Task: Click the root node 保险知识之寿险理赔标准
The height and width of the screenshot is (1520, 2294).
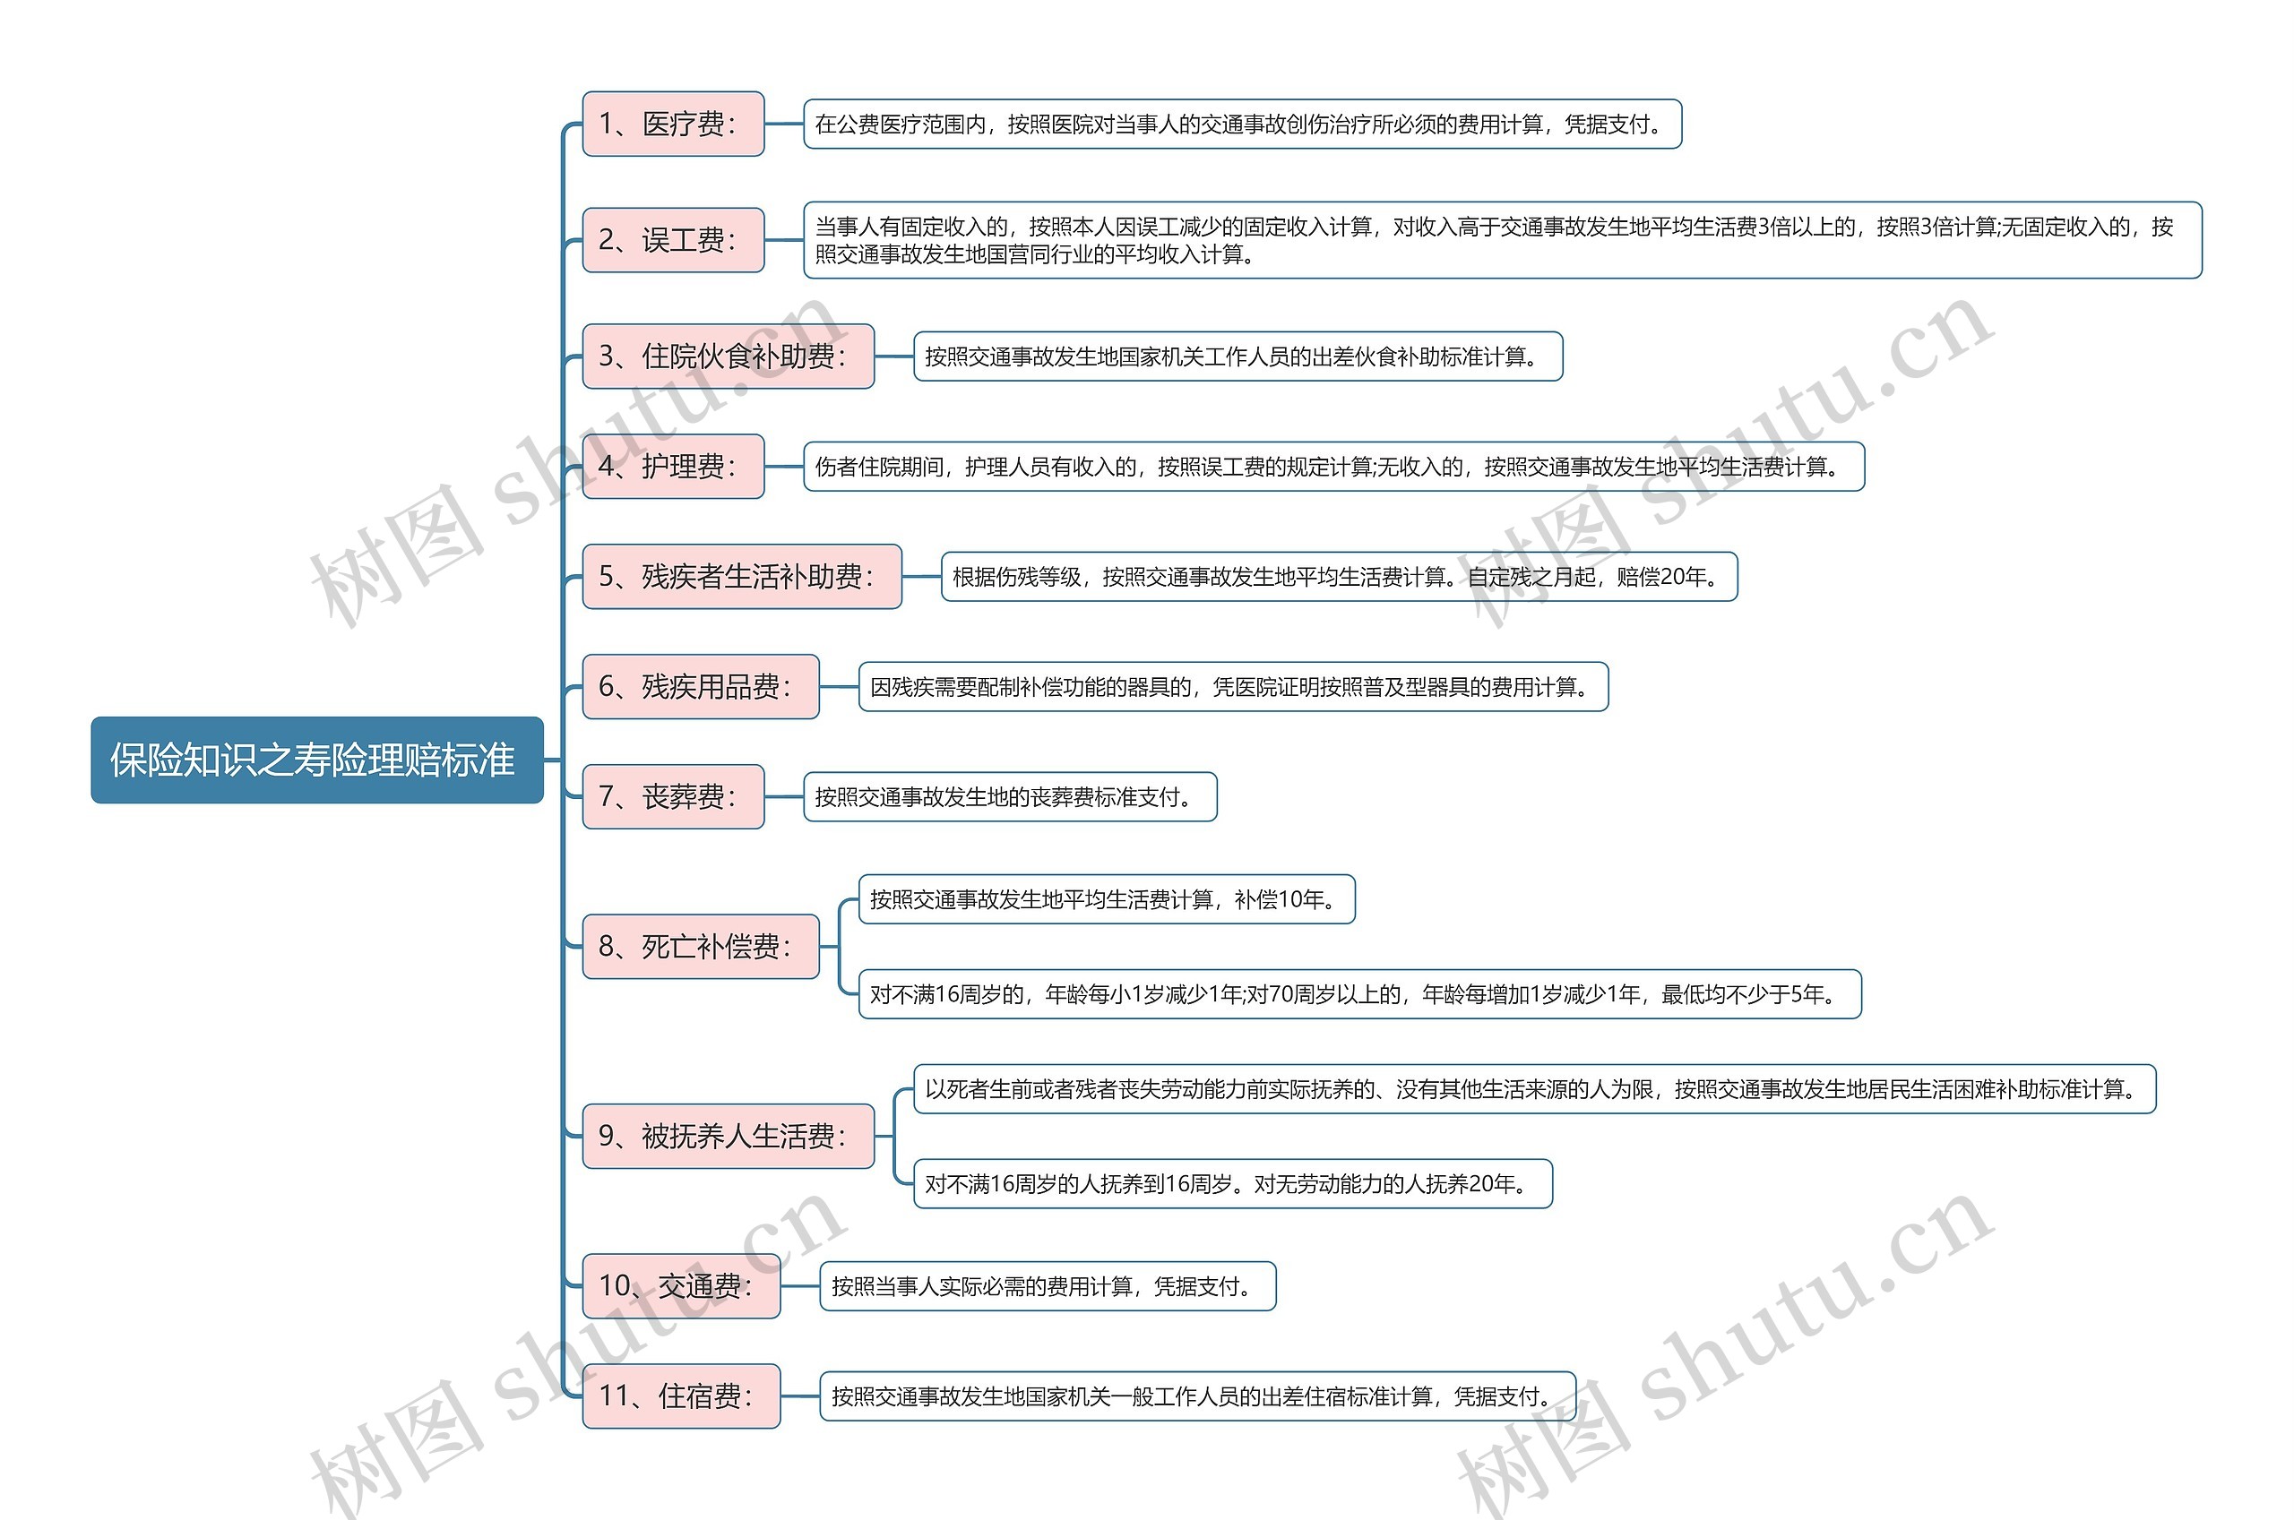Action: [316, 760]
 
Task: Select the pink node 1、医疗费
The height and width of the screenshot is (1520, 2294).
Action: [672, 125]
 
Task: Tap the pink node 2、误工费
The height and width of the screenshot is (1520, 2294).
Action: [672, 239]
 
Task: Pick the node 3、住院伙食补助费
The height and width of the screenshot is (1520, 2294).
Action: [727, 356]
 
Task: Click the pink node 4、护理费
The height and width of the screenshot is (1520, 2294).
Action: [672, 467]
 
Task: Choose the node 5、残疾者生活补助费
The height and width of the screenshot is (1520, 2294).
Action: [741, 577]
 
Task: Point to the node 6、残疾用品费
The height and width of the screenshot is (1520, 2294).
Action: [700, 686]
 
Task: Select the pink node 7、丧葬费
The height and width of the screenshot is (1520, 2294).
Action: [672, 797]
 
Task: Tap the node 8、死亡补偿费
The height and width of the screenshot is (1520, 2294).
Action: [700, 946]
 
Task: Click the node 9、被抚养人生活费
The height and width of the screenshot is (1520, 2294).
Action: [727, 1136]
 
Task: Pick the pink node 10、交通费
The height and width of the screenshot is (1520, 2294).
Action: [681, 1285]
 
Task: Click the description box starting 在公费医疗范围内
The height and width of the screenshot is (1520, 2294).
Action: [1242, 125]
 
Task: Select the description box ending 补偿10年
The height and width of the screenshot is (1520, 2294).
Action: [1107, 899]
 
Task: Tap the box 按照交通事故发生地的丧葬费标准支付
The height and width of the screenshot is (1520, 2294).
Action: [1009, 797]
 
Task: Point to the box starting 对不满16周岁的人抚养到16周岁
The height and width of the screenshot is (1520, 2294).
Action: [1232, 1183]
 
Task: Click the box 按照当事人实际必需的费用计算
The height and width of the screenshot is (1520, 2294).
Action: [1048, 1286]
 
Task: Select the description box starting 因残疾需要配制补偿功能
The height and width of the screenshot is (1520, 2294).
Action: [1232, 687]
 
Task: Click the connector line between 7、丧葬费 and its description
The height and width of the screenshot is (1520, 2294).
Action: [783, 797]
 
